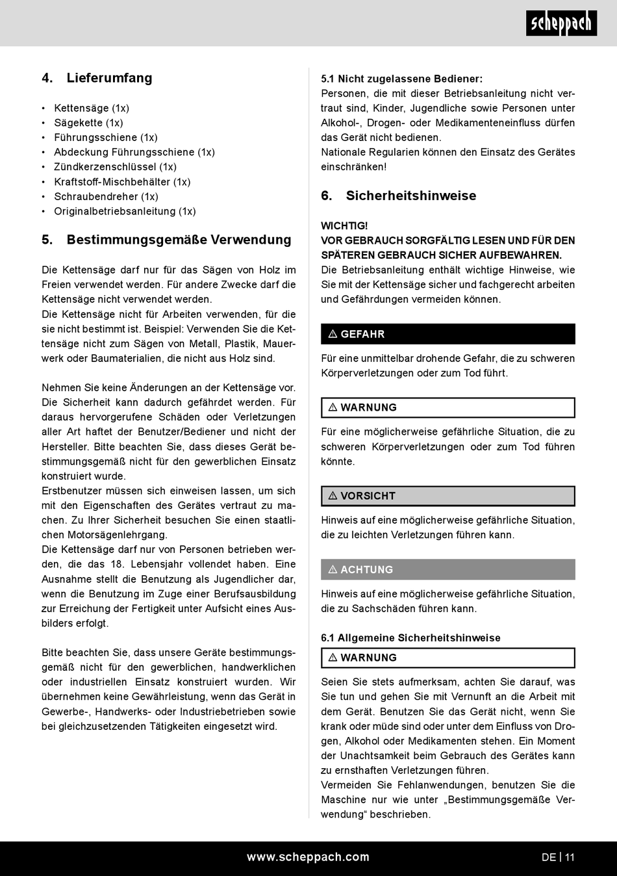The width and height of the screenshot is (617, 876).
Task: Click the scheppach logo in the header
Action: (561, 24)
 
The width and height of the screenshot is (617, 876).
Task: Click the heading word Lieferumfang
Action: (109, 78)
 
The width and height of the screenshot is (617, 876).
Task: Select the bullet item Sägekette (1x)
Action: (88, 123)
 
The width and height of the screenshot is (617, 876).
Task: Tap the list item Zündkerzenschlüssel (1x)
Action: (115, 167)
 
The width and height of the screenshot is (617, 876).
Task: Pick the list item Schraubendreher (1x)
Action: (106, 196)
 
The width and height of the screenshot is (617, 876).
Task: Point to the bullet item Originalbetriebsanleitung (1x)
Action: (125, 211)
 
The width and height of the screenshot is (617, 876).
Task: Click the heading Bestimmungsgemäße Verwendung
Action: (179, 240)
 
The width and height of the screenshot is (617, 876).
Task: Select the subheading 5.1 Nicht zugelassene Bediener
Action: (401, 79)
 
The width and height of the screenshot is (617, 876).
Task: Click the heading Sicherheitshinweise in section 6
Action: (410, 196)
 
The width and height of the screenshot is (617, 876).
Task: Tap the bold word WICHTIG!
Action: (344, 225)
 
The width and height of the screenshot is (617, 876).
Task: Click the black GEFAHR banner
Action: (447, 334)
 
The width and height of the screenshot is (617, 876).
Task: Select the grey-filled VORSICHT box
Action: (447, 496)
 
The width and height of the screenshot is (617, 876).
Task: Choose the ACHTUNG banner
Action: (447, 569)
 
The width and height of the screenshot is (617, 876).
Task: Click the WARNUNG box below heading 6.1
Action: (447, 658)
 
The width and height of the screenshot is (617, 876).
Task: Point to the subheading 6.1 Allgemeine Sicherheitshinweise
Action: (410, 638)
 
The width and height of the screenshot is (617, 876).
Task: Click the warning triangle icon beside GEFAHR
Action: (333, 334)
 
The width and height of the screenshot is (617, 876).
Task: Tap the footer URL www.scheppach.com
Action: (308, 857)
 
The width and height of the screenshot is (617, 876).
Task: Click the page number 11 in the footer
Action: (570, 857)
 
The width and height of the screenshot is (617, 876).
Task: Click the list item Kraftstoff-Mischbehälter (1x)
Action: (122, 182)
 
